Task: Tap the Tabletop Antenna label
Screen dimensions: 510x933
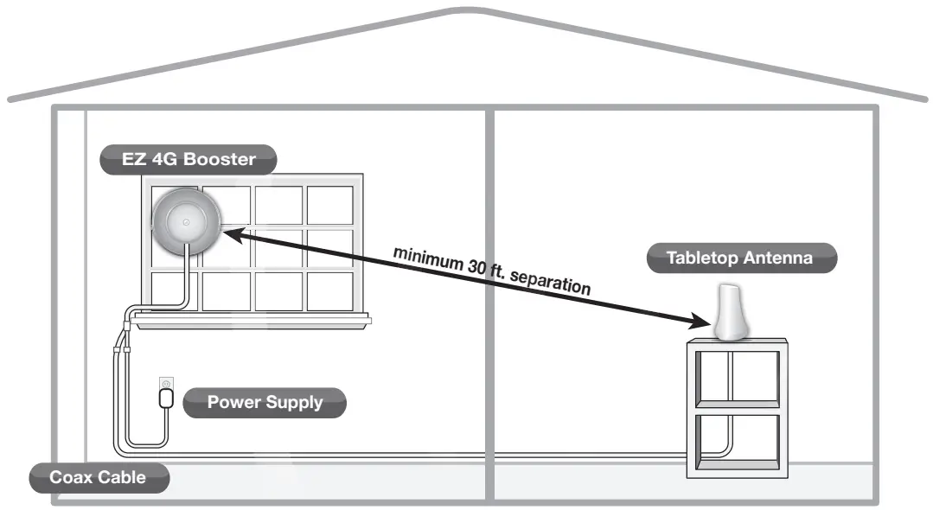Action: pyautogui.click(x=740, y=258)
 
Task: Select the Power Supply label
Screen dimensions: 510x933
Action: pyautogui.click(x=265, y=402)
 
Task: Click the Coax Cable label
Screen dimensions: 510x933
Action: pyautogui.click(x=98, y=477)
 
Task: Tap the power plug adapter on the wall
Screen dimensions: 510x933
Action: pyautogui.click(x=166, y=397)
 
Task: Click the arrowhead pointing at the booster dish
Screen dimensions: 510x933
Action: pyautogui.click(x=230, y=231)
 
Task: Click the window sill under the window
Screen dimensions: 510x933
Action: pyautogui.click(x=251, y=321)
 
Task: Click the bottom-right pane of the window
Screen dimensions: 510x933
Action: pyautogui.click(x=329, y=290)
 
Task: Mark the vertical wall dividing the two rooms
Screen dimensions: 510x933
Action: pyautogui.click(x=489, y=303)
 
